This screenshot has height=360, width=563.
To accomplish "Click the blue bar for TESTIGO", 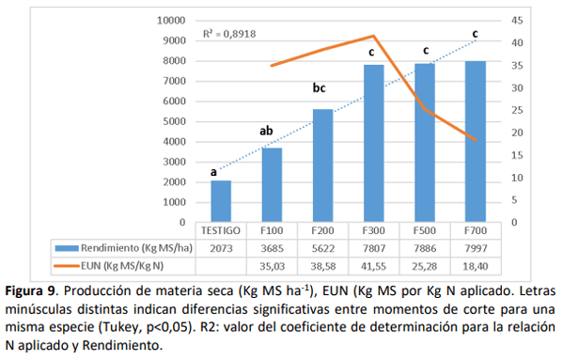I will [x=221, y=201].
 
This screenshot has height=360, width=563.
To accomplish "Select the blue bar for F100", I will [x=272, y=185].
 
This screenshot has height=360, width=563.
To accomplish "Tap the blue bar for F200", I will [x=322, y=165].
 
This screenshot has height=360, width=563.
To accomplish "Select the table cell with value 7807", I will [x=374, y=246].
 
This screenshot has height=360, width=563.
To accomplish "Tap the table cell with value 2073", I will [x=221, y=246].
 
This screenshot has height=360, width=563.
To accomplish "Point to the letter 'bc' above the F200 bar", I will [x=320, y=88].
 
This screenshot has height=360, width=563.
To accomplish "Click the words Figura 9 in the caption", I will [x=31, y=286].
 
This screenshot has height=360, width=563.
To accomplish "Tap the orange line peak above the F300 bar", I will [x=374, y=36].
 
